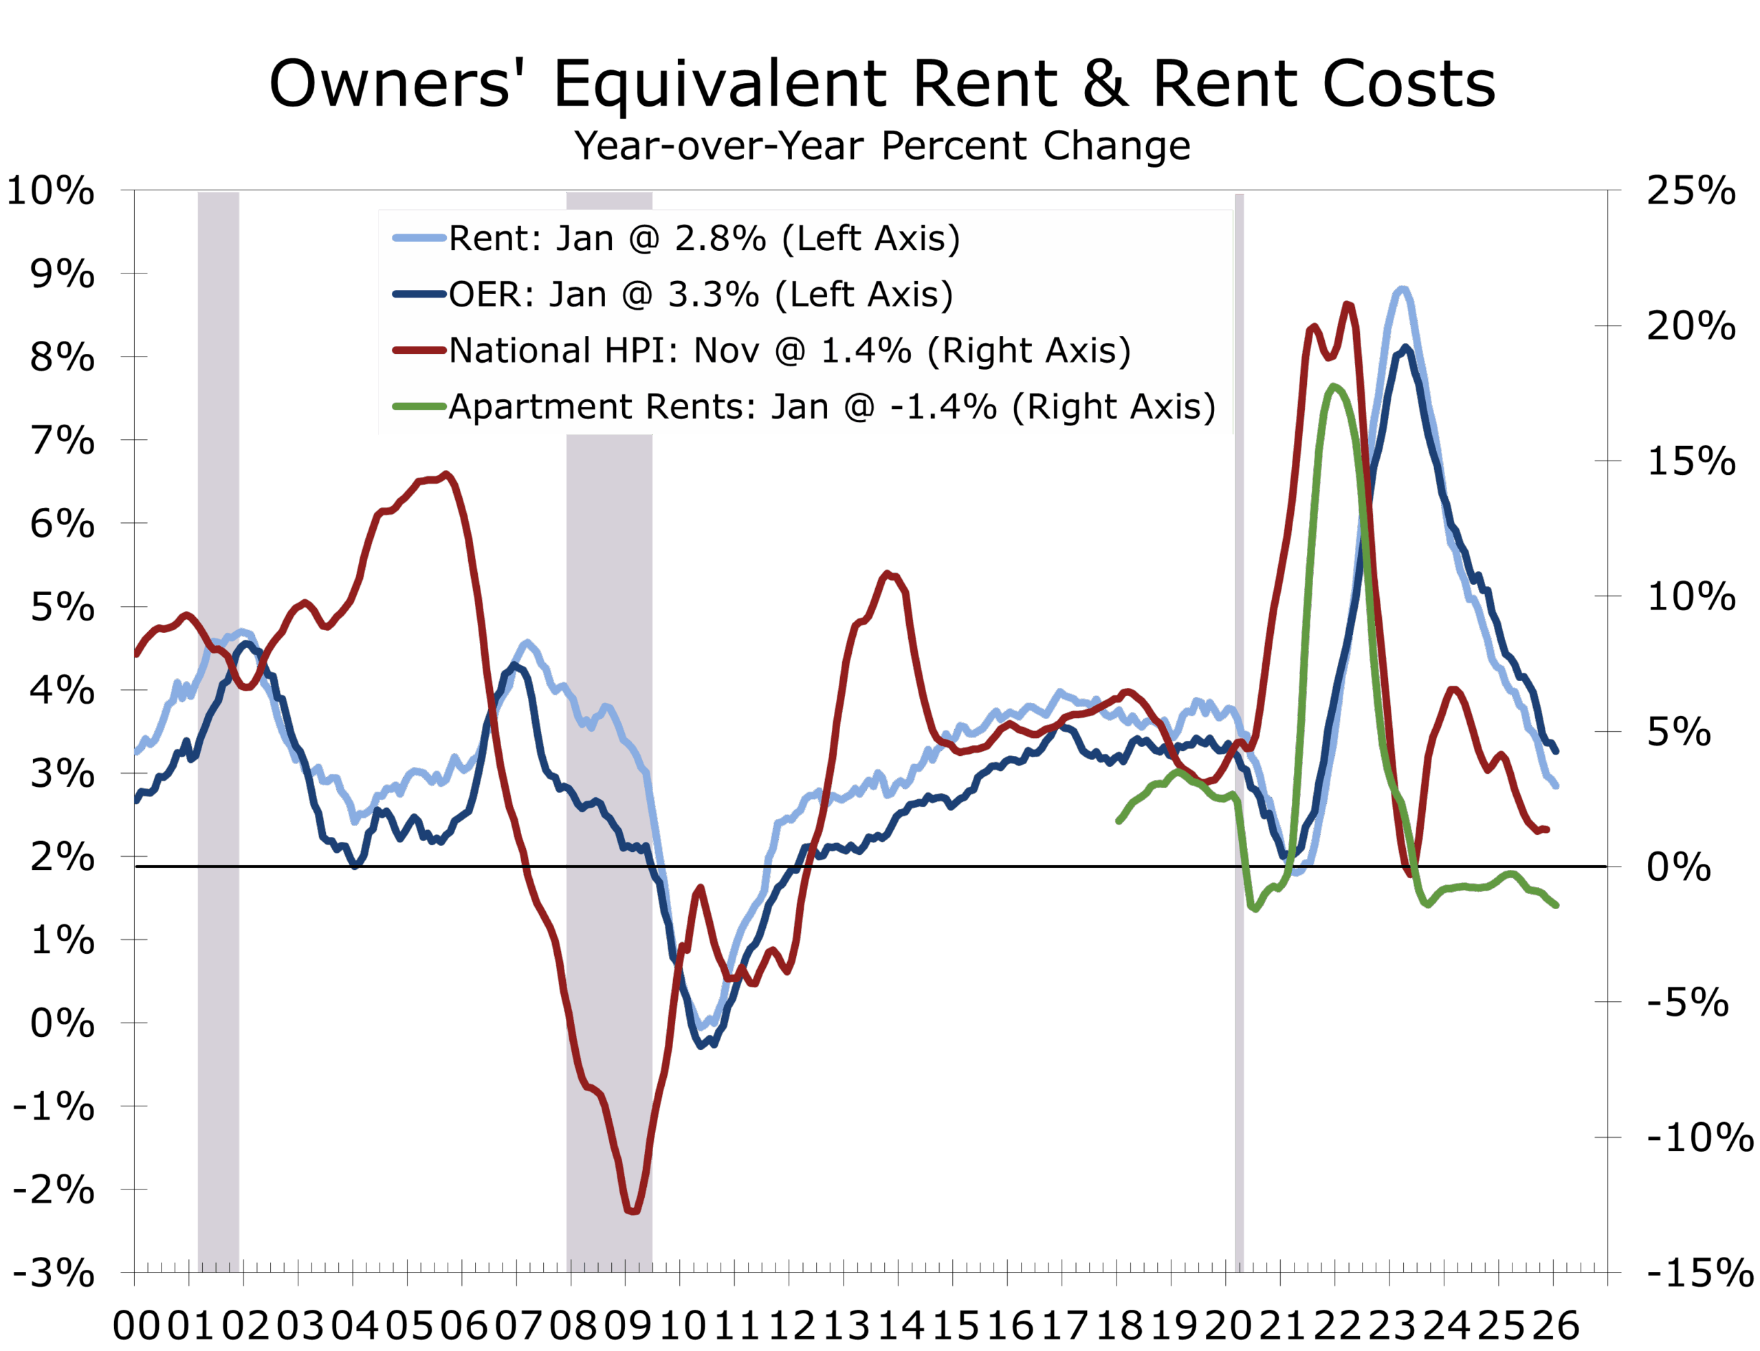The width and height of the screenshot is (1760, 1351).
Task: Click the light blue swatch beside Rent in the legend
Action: [x=419, y=238]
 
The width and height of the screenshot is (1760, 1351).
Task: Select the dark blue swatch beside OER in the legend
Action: [x=419, y=294]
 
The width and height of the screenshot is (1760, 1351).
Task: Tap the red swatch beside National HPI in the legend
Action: [x=419, y=350]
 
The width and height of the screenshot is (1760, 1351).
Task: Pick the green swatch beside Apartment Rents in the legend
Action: [x=419, y=406]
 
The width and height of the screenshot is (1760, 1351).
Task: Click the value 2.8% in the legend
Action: [x=720, y=238]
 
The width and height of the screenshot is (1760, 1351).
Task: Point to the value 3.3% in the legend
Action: [x=713, y=294]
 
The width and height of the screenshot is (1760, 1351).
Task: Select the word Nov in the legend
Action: [x=727, y=350]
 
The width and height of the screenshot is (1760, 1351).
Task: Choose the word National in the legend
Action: [x=520, y=350]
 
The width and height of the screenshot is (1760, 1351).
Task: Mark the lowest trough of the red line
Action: [x=633, y=1210]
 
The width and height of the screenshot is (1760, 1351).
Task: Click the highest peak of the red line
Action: [x=1347, y=303]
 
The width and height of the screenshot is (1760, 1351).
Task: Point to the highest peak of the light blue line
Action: [x=1402, y=288]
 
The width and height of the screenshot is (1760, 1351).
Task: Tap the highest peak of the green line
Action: [x=1334, y=387]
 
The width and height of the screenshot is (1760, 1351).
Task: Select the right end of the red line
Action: [x=1547, y=829]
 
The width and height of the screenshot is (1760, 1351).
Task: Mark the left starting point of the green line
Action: [x=1119, y=821]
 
